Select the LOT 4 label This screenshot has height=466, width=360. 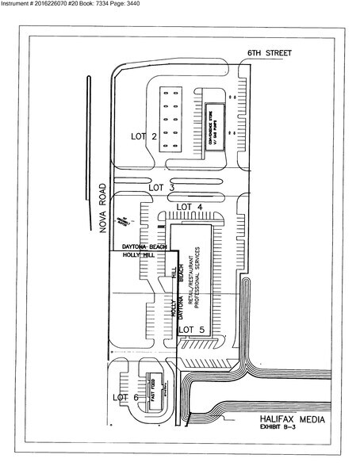[x=190, y=207]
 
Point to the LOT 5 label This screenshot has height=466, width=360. [x=192, y=328]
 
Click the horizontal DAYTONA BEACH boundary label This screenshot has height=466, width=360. [x=140, y=247]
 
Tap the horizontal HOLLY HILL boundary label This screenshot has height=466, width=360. [x=136, y=256]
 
